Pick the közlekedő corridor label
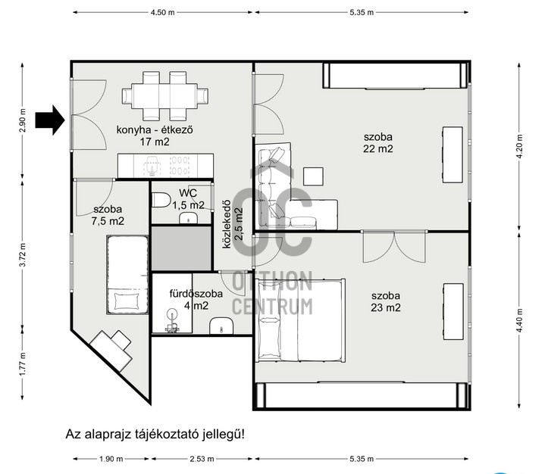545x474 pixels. [x=230, y=223]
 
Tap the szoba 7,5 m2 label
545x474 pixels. [x=108, y=214]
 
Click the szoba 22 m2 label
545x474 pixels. [x=378, y=142]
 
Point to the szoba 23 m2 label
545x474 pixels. [x=386, y=301]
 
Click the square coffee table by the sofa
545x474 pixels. [x=314, y=176]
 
